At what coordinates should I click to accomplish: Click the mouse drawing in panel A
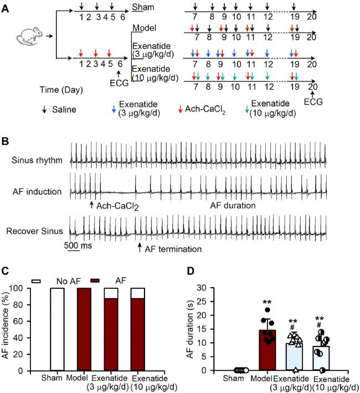29,37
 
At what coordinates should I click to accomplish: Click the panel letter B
5,141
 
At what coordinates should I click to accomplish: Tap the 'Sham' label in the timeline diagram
143,7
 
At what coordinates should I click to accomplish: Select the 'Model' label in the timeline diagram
144,28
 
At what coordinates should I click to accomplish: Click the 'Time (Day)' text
61,90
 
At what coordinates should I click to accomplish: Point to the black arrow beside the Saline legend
44,110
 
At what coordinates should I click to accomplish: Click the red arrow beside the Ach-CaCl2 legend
180,109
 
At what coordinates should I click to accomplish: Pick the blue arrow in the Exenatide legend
114,109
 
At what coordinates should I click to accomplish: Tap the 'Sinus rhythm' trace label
37,160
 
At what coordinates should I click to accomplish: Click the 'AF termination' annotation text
173,249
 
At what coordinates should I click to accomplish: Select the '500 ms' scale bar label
78,245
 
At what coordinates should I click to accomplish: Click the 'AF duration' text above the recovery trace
233,206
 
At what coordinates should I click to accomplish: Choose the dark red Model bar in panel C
84,329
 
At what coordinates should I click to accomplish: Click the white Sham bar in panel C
58,329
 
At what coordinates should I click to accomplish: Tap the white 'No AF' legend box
36,281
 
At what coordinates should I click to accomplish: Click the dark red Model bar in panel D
268,350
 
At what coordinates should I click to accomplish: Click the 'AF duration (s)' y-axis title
191,329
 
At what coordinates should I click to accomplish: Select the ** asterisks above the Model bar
267,302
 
